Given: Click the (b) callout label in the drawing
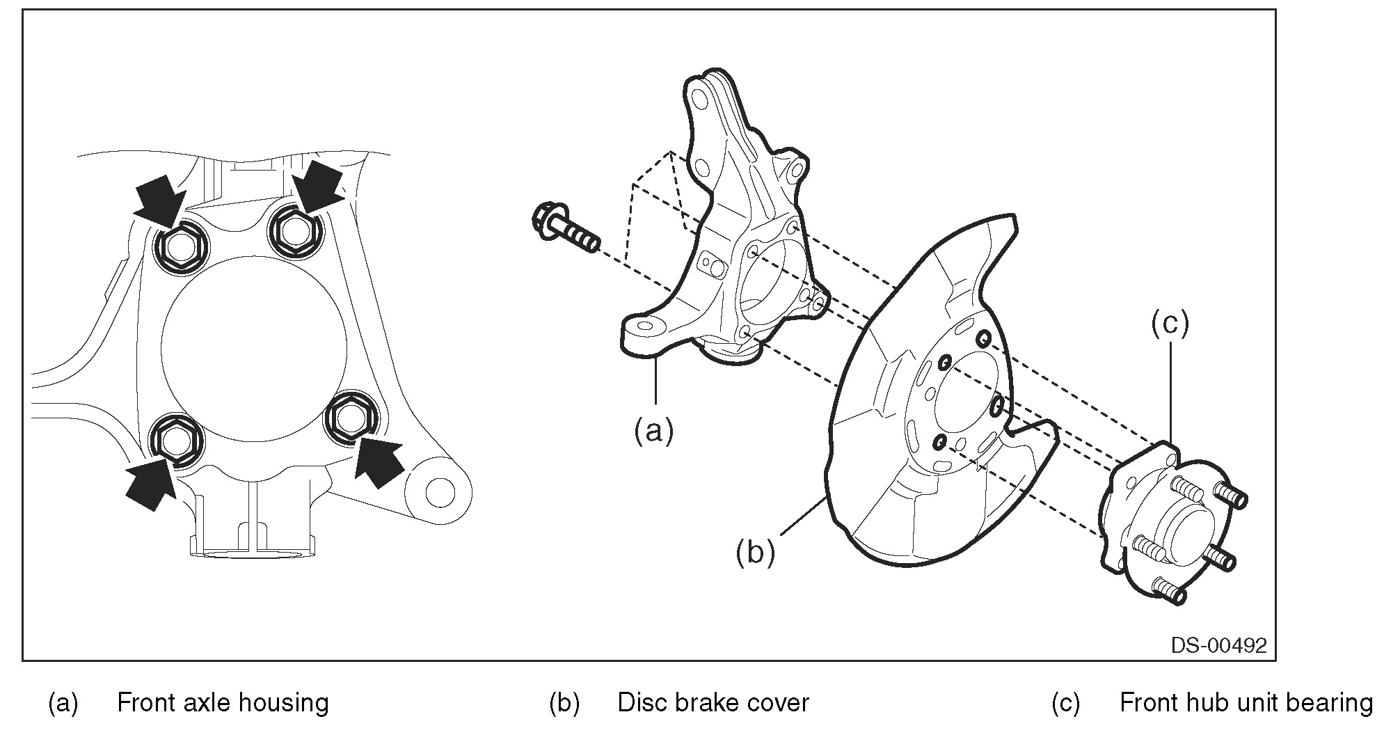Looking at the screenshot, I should point(755,553).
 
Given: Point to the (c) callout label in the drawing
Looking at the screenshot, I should point(1170,324).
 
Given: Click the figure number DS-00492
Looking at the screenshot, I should point(1218,645).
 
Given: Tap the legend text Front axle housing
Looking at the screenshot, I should point(223,703).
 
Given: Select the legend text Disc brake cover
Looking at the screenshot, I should point(713,703).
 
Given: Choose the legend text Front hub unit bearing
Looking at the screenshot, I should point(1246,703).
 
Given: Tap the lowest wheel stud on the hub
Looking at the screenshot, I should point(1169,590).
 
